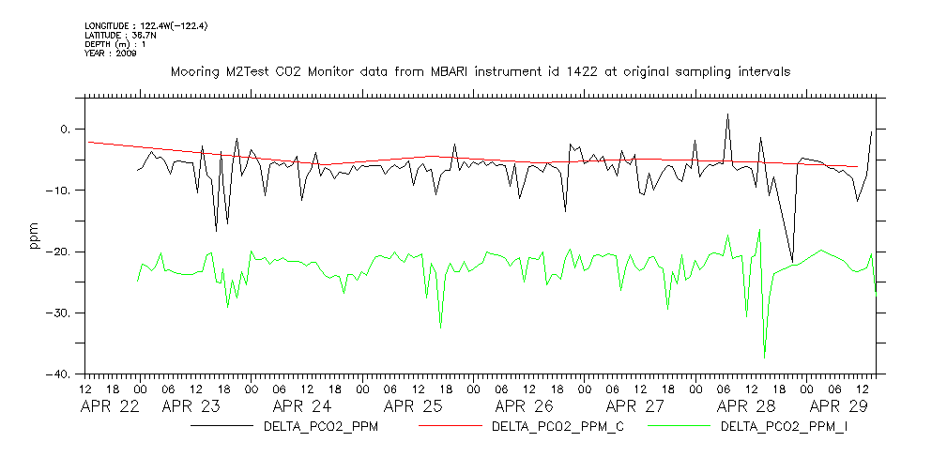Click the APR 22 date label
(x=110, y=407)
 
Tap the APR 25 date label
(x=413, y=407)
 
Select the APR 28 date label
(x=746, y=407)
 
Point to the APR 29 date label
(x=840, y=407)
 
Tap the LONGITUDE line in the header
(x=145, y=25)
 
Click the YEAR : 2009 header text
(x=111, y=53)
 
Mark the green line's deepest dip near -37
(x=764, y=358)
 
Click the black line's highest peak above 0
(x=727, y=114)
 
